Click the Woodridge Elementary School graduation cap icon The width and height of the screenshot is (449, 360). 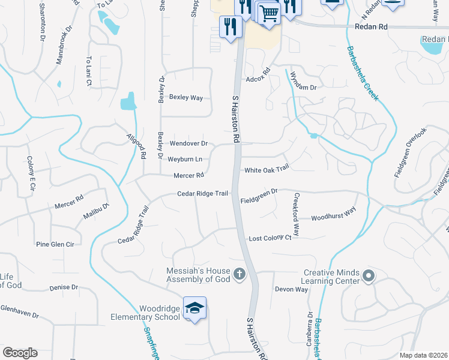(x=194, y=308)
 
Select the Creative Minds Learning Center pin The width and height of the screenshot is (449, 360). (x=368, y=277)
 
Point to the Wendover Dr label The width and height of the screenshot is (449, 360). (x=188, y=143)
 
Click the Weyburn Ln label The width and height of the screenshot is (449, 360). (x=185, y=159)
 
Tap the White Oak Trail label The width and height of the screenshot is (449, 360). (x=267, y=170)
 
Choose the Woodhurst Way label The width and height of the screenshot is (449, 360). (x=334, y=217)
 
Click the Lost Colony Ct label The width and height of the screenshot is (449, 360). (x=270, y=238)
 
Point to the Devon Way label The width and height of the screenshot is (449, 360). (x=291, y=289)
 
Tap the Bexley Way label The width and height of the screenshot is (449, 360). (x=186, y=97)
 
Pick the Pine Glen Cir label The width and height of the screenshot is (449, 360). (x=55, y=244)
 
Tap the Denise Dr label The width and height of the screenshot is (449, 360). (x=64, y=287)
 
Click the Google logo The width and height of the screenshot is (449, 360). (x=20, y=353)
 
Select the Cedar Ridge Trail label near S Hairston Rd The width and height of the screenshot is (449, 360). (x=203, y=194)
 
